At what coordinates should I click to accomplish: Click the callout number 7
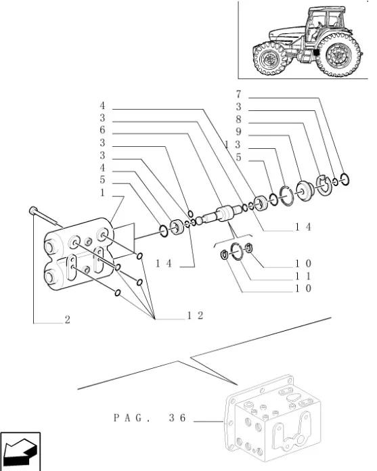[238, 94]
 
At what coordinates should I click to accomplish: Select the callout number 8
[238, 119]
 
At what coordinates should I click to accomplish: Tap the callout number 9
[238, 132]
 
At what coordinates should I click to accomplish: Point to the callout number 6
[102, 130]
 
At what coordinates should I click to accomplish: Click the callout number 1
[102, 193]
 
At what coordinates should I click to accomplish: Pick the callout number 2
[67, 319]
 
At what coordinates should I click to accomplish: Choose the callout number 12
[196, 315]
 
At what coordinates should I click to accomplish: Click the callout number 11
[303, 276]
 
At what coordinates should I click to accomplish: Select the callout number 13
[233, 145]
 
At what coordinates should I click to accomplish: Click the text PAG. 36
[150, 418]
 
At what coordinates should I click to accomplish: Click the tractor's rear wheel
[338, 55]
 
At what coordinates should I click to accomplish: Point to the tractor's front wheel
[270, 59]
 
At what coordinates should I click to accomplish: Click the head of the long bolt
[32, 210]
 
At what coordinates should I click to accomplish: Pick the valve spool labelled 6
[222, 214]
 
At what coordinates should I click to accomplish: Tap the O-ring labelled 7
[345, 179]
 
